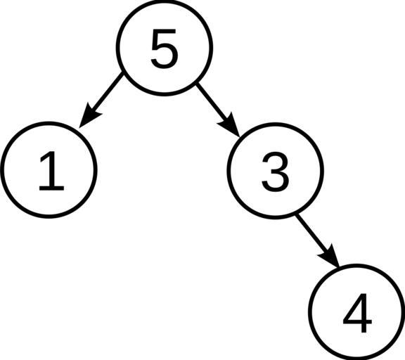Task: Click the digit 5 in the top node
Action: coord(165,49)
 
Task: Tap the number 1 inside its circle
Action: coord(51,171)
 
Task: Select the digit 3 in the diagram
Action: coord(276,172)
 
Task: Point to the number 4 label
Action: coord(357,313)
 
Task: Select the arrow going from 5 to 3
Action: coord(218,110)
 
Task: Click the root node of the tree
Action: coord(165,48)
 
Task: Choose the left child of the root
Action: coord(49,170)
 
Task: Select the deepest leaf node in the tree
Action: coord(356,311)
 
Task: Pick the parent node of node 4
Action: coord(276,171)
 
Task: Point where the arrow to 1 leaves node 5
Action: coord(122,74)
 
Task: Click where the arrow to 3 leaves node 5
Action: coord(197,83)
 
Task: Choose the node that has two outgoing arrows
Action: coord(165,48)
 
